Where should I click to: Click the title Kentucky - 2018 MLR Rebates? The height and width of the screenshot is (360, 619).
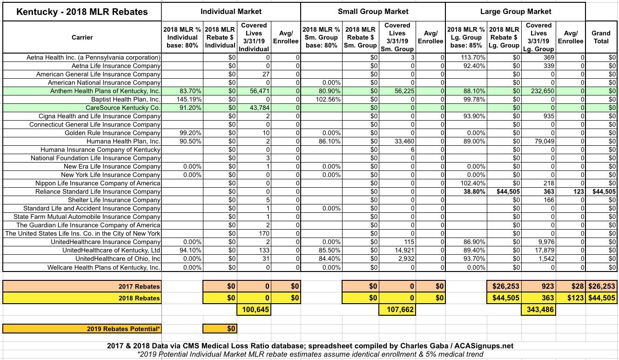click(x=82, y=12)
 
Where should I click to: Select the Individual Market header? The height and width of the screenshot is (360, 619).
click(x=231, y=11)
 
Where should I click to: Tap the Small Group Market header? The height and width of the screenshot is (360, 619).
click(x=373, y=11)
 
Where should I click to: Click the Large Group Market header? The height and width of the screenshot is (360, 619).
click(x=515, y=11)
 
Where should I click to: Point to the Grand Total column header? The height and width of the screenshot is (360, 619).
click(x=601, y=37)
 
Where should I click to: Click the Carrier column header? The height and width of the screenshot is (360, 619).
click(x=82, y=37)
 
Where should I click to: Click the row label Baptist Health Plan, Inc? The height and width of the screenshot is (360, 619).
click(x=126, y=99)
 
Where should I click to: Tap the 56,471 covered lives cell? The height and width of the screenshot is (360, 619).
click(x=254, y=91)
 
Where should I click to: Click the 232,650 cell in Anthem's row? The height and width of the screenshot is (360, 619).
click(x=538, y=91)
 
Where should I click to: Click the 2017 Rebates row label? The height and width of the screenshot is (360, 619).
click(x=139, y=286)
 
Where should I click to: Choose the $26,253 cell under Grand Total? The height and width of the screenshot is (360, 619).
click(x=601, y=286)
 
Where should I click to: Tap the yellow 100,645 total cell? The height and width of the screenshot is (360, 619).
click(x=254, y=309)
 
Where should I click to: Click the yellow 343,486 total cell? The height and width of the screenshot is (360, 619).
click(x=538, y=309)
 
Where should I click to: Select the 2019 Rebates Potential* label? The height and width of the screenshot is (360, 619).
click(x=124, y=329)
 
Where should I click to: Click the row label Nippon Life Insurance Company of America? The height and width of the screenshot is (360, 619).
click(x=98, y=183)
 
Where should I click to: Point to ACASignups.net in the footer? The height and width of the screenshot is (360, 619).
click(x=486, y=346)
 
